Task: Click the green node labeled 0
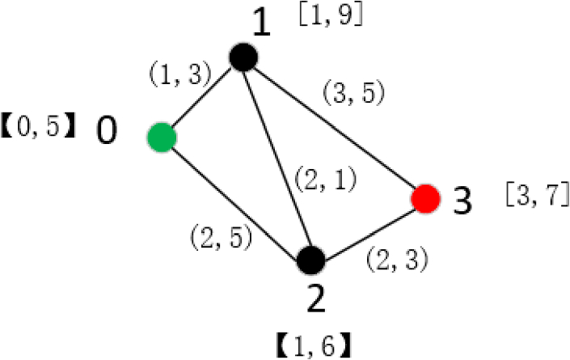click(162, 135)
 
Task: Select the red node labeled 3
click(424, 198)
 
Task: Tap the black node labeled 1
click(243, 57)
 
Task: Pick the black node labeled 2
click(310, 260)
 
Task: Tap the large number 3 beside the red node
click(462, 201)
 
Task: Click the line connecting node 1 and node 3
click(333, 128)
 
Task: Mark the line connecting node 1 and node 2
click(276, 159)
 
